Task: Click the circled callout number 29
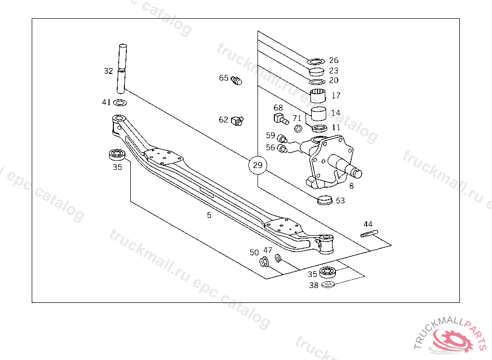pos(258,166)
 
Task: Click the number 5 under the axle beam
pos(209,216)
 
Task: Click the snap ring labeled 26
pos(317,61)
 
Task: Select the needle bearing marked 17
pos(318,96)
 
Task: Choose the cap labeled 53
pos(325,199)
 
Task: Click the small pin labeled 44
pos(369,234)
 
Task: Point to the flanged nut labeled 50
pos(264,262)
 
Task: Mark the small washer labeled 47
pos(278,259)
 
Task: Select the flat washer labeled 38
pos(328,285)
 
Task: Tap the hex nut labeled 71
pos(297,128)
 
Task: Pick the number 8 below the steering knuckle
pos(351,186)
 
